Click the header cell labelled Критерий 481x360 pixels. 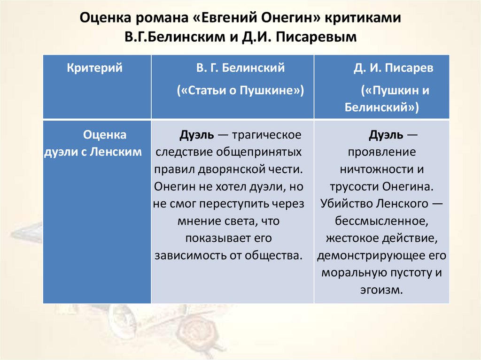point(94,68)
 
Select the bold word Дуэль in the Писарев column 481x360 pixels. point(386,135)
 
